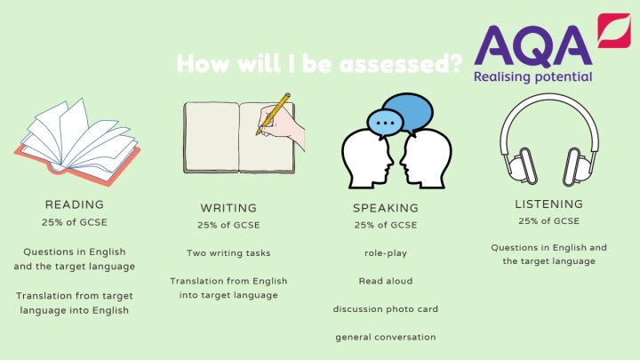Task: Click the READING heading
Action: tap(75, 204)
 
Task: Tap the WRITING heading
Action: tap(228, 208)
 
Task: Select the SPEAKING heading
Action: tap(386, 208)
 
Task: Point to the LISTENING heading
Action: tap(549, 204)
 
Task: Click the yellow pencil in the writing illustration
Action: tap(274, 114)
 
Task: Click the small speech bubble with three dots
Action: tap(385, 124)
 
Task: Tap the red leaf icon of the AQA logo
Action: tap(614, 30)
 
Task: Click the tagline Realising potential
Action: tap(533, 77)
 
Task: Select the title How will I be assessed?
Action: tap(320, 64)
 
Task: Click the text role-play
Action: tap(386, 253)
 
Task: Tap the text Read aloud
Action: tap(386, 281)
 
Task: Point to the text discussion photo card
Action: tap(386, 309)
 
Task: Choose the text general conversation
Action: tap(386, 337)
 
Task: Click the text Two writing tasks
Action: tap(228, 253)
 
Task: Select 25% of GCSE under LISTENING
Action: tap(549, 220)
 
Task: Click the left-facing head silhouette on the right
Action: tap(426, 159)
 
